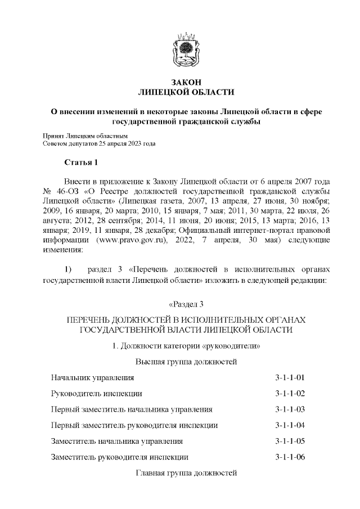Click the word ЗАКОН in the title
186,82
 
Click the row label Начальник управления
92,377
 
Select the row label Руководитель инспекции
96,393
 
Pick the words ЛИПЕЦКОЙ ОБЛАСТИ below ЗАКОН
186,92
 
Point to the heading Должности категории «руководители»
186,345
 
